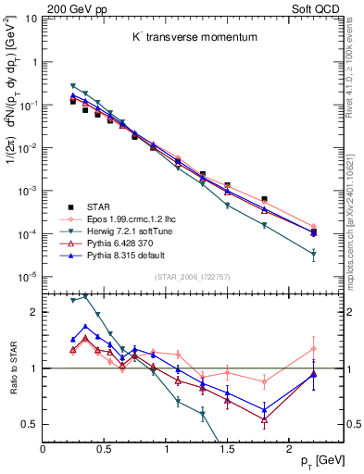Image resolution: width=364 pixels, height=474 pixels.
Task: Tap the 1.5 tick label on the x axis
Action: click(227, 450)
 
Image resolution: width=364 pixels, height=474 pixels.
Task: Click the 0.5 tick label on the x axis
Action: click(104, 450)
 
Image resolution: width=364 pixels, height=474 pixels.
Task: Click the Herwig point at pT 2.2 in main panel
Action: click(313, 254)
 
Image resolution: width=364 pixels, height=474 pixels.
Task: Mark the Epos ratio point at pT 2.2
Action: click(313, 349)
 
